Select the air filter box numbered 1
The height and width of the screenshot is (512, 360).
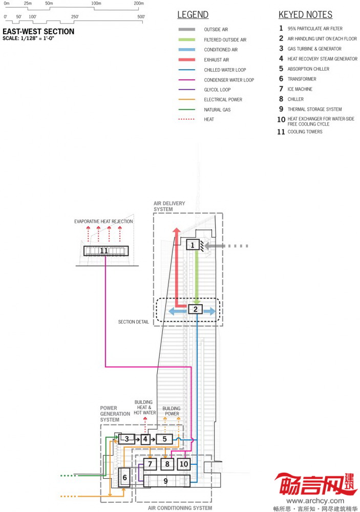193,245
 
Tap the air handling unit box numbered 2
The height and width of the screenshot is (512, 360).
196,309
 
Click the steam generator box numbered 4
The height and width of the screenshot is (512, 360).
145,439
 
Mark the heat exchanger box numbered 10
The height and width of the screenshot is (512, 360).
184,464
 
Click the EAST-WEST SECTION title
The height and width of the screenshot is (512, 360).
38,32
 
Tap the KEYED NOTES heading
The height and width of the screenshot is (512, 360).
305,15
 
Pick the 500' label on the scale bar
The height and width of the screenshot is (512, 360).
141,17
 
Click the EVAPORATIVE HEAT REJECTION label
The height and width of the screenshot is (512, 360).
103,222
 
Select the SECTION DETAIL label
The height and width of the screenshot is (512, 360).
134,322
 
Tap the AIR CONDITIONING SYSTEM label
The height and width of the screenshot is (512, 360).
180,508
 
